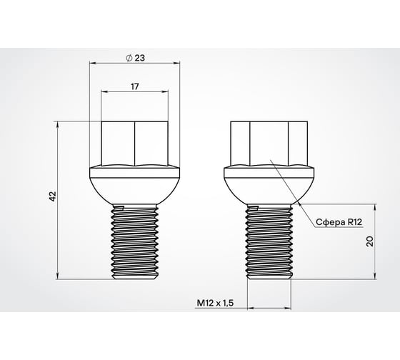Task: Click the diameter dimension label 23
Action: tap(139, 57)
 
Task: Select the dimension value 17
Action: tap(134, 85)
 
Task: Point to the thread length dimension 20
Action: tap(370, 241)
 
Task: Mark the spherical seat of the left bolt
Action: tap(134, 187)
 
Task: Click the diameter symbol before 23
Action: tap(128, 57)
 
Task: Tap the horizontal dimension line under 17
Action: tap(134, 91)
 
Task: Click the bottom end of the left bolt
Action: tap(134, 276)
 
